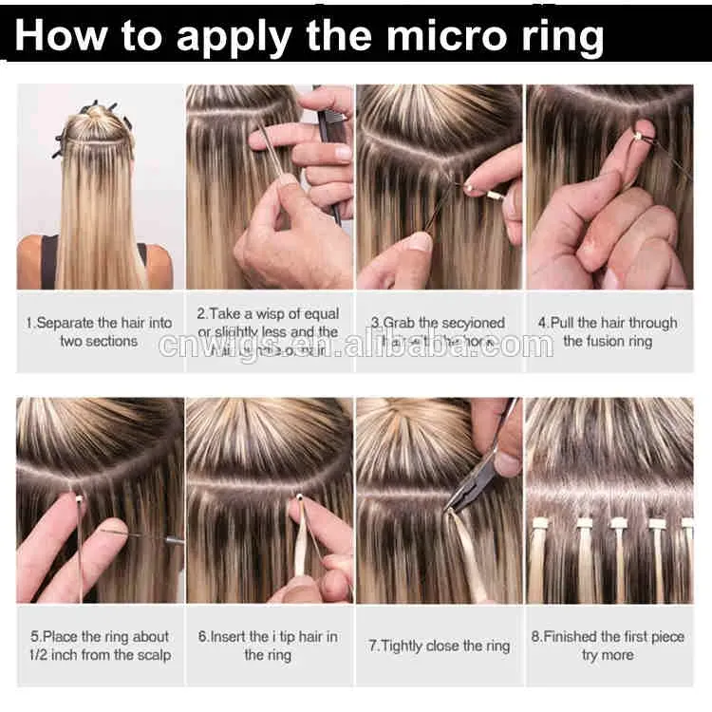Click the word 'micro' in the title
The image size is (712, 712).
405,36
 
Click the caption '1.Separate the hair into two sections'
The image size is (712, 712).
99,331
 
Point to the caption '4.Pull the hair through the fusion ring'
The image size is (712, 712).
608,331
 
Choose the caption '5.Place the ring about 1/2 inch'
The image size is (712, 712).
99,646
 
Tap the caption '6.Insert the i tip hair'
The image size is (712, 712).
267,646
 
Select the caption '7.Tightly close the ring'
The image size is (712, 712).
439,646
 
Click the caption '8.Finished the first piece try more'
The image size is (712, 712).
608,646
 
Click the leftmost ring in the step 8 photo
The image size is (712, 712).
542,523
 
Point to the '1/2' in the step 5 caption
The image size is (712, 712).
45,655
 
